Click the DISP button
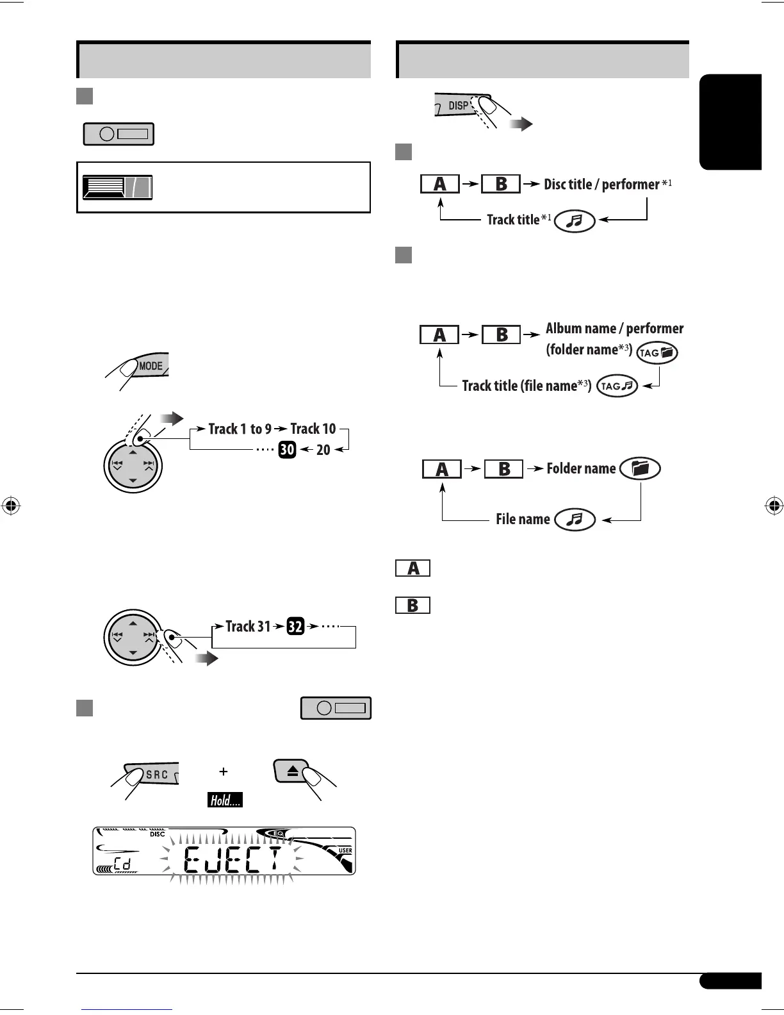458,106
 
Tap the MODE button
151,366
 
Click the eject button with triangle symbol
292,772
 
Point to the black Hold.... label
225,800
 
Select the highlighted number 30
287,450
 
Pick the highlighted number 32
295,626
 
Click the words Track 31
248,626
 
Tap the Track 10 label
313,429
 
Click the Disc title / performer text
601,185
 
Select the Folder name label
581,468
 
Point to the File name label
523,519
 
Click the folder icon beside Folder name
640,468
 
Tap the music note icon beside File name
575,519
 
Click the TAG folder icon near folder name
657,352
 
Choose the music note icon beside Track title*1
575,221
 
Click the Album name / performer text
614,329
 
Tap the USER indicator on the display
345,850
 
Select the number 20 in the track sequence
323,450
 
